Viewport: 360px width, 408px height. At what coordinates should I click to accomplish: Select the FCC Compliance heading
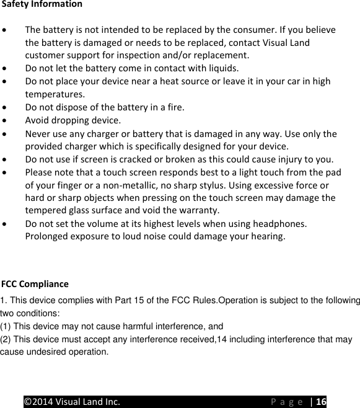[x=35, y=285]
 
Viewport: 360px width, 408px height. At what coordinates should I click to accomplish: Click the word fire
[x=175, y=107]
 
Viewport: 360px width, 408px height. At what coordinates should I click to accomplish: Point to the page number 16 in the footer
[x=321, y=401]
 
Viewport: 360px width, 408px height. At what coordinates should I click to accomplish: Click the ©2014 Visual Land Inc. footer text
[x=72, y=401]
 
